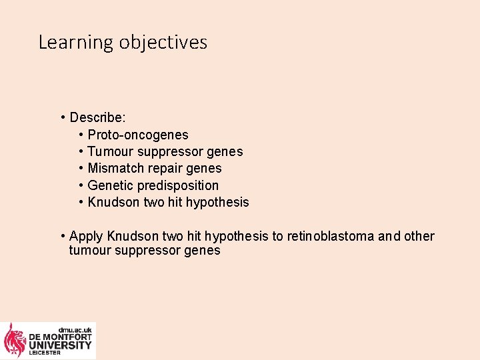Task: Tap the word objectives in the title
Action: click(163, 43)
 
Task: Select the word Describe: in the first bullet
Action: click(97, 118)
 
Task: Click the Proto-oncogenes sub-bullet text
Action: click(138, 135)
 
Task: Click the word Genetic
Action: click(111, 185)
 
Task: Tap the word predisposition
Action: click(178, 185)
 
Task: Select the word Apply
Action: click(85, 237)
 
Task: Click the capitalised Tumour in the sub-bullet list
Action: click(109, 152)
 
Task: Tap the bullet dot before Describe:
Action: click(62, 118)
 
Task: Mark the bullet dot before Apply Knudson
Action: click(62, 237)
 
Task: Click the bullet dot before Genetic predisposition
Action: click(81, 185)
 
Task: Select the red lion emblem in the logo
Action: click(15, 340)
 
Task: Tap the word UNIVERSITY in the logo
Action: click(60, 345)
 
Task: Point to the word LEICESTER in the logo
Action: click(44, 353)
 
